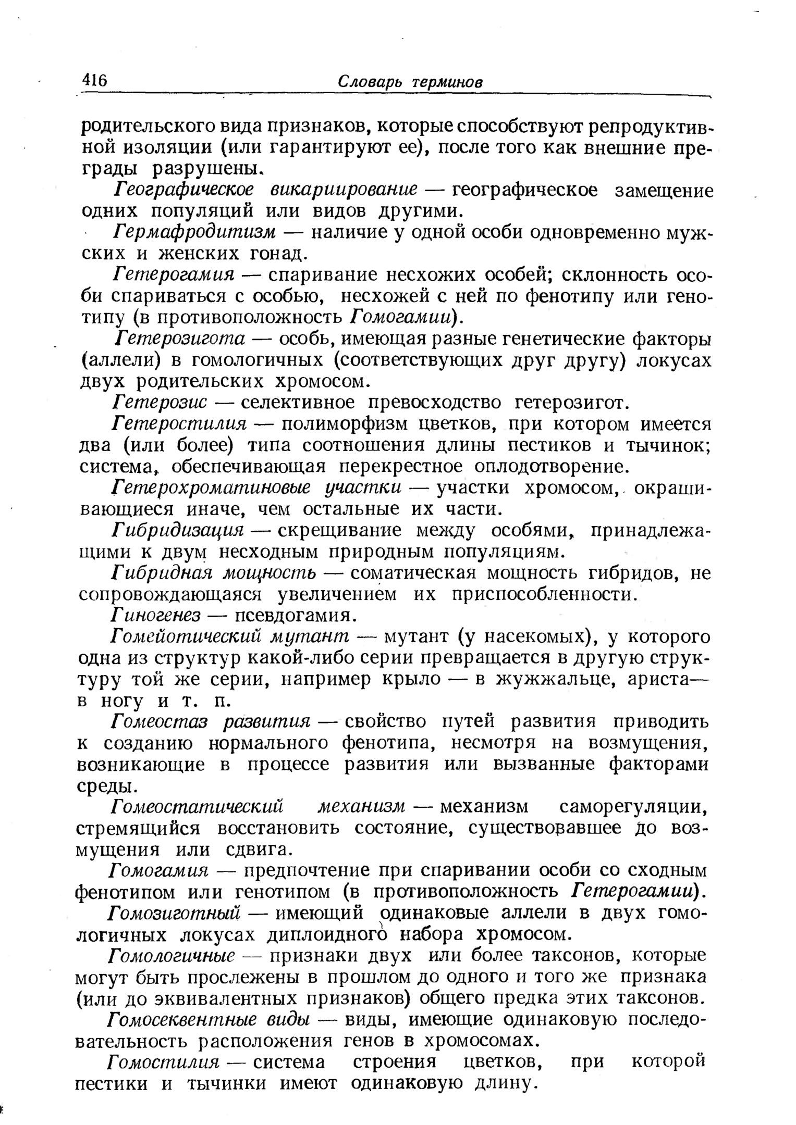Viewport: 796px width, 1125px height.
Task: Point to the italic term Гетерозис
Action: point(161,402)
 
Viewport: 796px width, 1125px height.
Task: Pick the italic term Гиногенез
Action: point(156,616)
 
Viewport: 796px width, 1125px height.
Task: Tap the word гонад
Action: point(277,254)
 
